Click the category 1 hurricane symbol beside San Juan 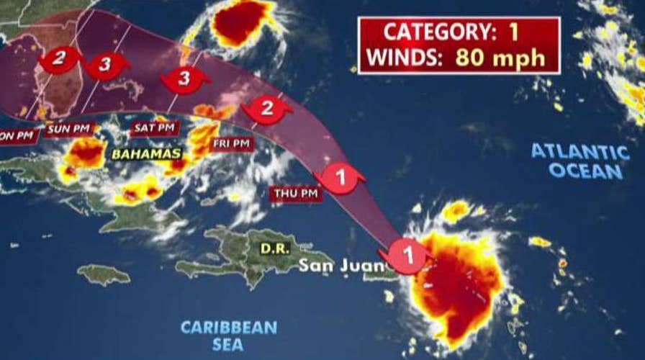pyautogui.click(x=407, y=256)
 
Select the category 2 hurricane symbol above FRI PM pyautogui.click(x=265, y=109)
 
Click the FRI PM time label pyautogui.click(x=231, y=144)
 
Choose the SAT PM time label pyautogui.click(x=154, y=128)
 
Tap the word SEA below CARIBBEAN pyautogui.click(x=229, y=346)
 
